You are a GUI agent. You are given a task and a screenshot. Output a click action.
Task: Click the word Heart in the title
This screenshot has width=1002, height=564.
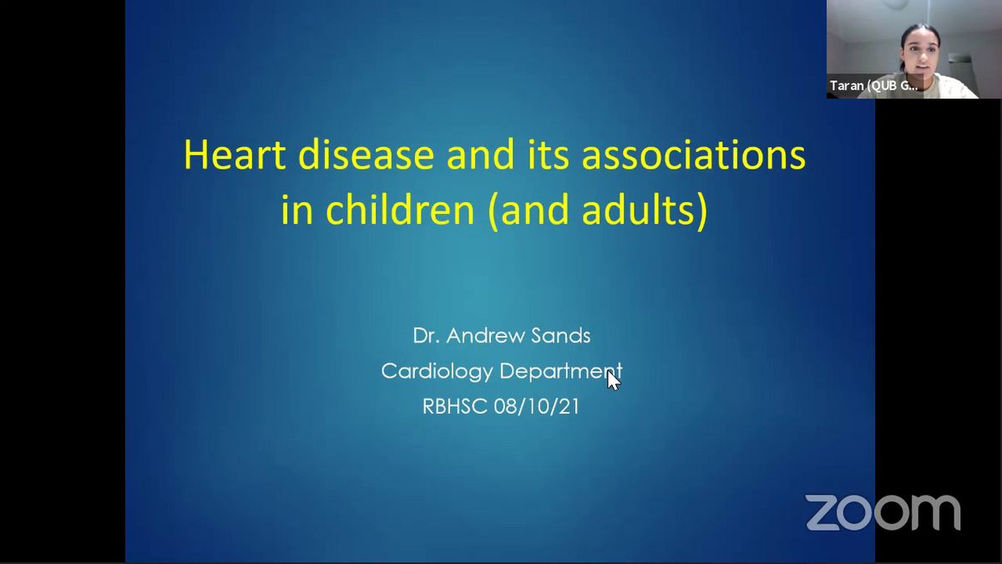pyautogui.click(x=235, y=155)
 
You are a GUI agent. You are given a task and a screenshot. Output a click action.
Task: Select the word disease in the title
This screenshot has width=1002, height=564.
pyautogui.click(x=366, y=155)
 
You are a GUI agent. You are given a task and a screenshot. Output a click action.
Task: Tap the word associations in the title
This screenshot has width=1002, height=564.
pyautogui.click(x=693, y=155)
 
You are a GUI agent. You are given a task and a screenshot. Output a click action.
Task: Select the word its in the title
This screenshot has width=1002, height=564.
pyautogui.click(x=549, y=155)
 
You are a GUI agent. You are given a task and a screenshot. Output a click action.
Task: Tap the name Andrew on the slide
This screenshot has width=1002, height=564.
pyautogui.click(x=479, y=336)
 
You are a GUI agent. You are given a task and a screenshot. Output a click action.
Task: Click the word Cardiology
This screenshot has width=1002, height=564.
pyautogui.click(x=437, y=371)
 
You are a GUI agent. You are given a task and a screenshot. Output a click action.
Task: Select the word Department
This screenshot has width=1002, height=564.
pyautogui.click(x=560, y=371)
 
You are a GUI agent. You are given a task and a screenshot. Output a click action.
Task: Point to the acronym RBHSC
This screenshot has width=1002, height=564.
pyautogui.click(x=454, y=406)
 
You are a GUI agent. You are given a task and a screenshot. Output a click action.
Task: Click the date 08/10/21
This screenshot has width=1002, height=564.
pyautogui.click(x=536, y=406)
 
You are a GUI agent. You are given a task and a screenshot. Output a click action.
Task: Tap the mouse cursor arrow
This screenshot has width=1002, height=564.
pyautogui.click(x=613, y=381)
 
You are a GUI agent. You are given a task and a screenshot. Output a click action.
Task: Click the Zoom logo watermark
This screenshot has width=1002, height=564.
pyautogui.click(x=883, y=512)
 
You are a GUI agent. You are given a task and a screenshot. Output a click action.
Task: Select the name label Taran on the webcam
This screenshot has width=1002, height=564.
pyautogui.click(x=847, y=85)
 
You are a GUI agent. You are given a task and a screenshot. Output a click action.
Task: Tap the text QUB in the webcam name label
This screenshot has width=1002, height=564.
pyautogui.click(x=883, y=85)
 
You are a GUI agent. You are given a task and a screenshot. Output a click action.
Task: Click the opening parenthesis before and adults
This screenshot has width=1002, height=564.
pyautogui.click(x=493, y=210)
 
